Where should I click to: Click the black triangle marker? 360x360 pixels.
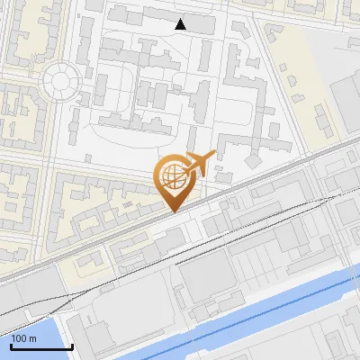click(181, 24)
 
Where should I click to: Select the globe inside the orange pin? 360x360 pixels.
click(171, 175)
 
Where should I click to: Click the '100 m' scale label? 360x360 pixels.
click(23, 339)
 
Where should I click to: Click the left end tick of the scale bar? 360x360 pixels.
click(11, 345)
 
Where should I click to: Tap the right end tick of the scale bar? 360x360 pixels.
click(71, 345)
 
